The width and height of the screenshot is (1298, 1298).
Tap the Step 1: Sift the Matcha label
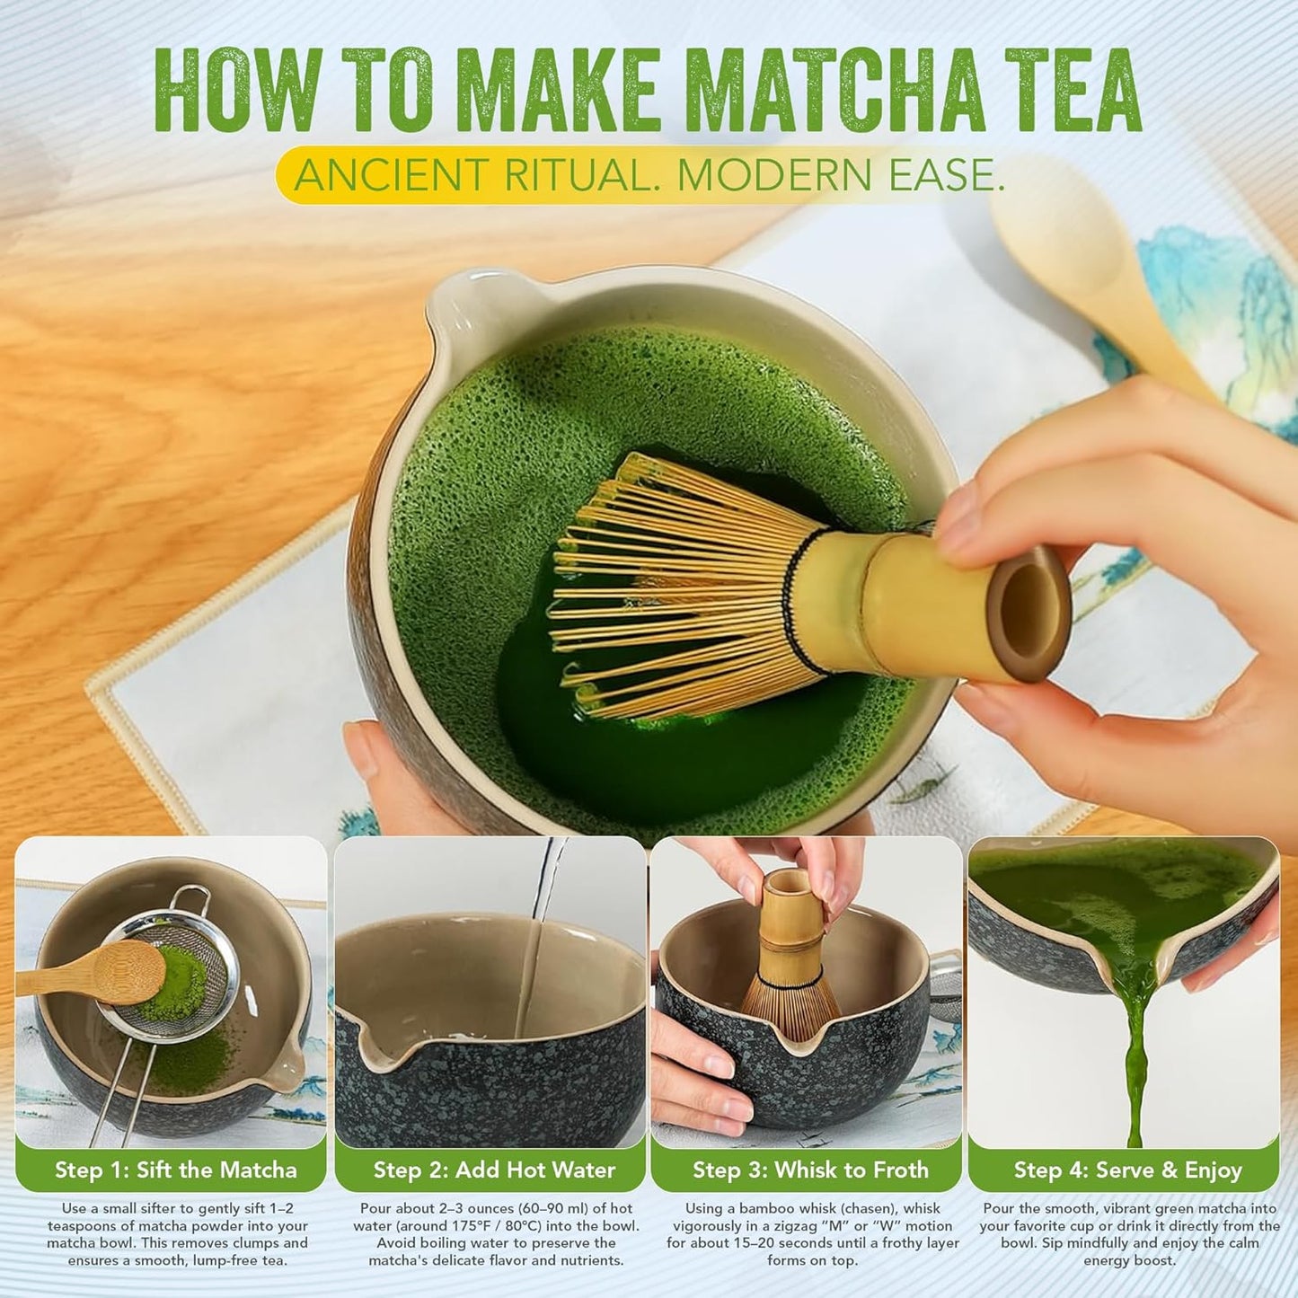pos(175,1170)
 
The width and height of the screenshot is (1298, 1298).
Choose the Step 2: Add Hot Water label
pos(494,1170)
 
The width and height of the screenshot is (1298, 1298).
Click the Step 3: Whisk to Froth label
pos(809,1170)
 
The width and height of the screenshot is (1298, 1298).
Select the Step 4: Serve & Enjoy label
pos(1127,1170)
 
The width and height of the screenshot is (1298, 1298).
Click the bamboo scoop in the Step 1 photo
pos(99,975)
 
